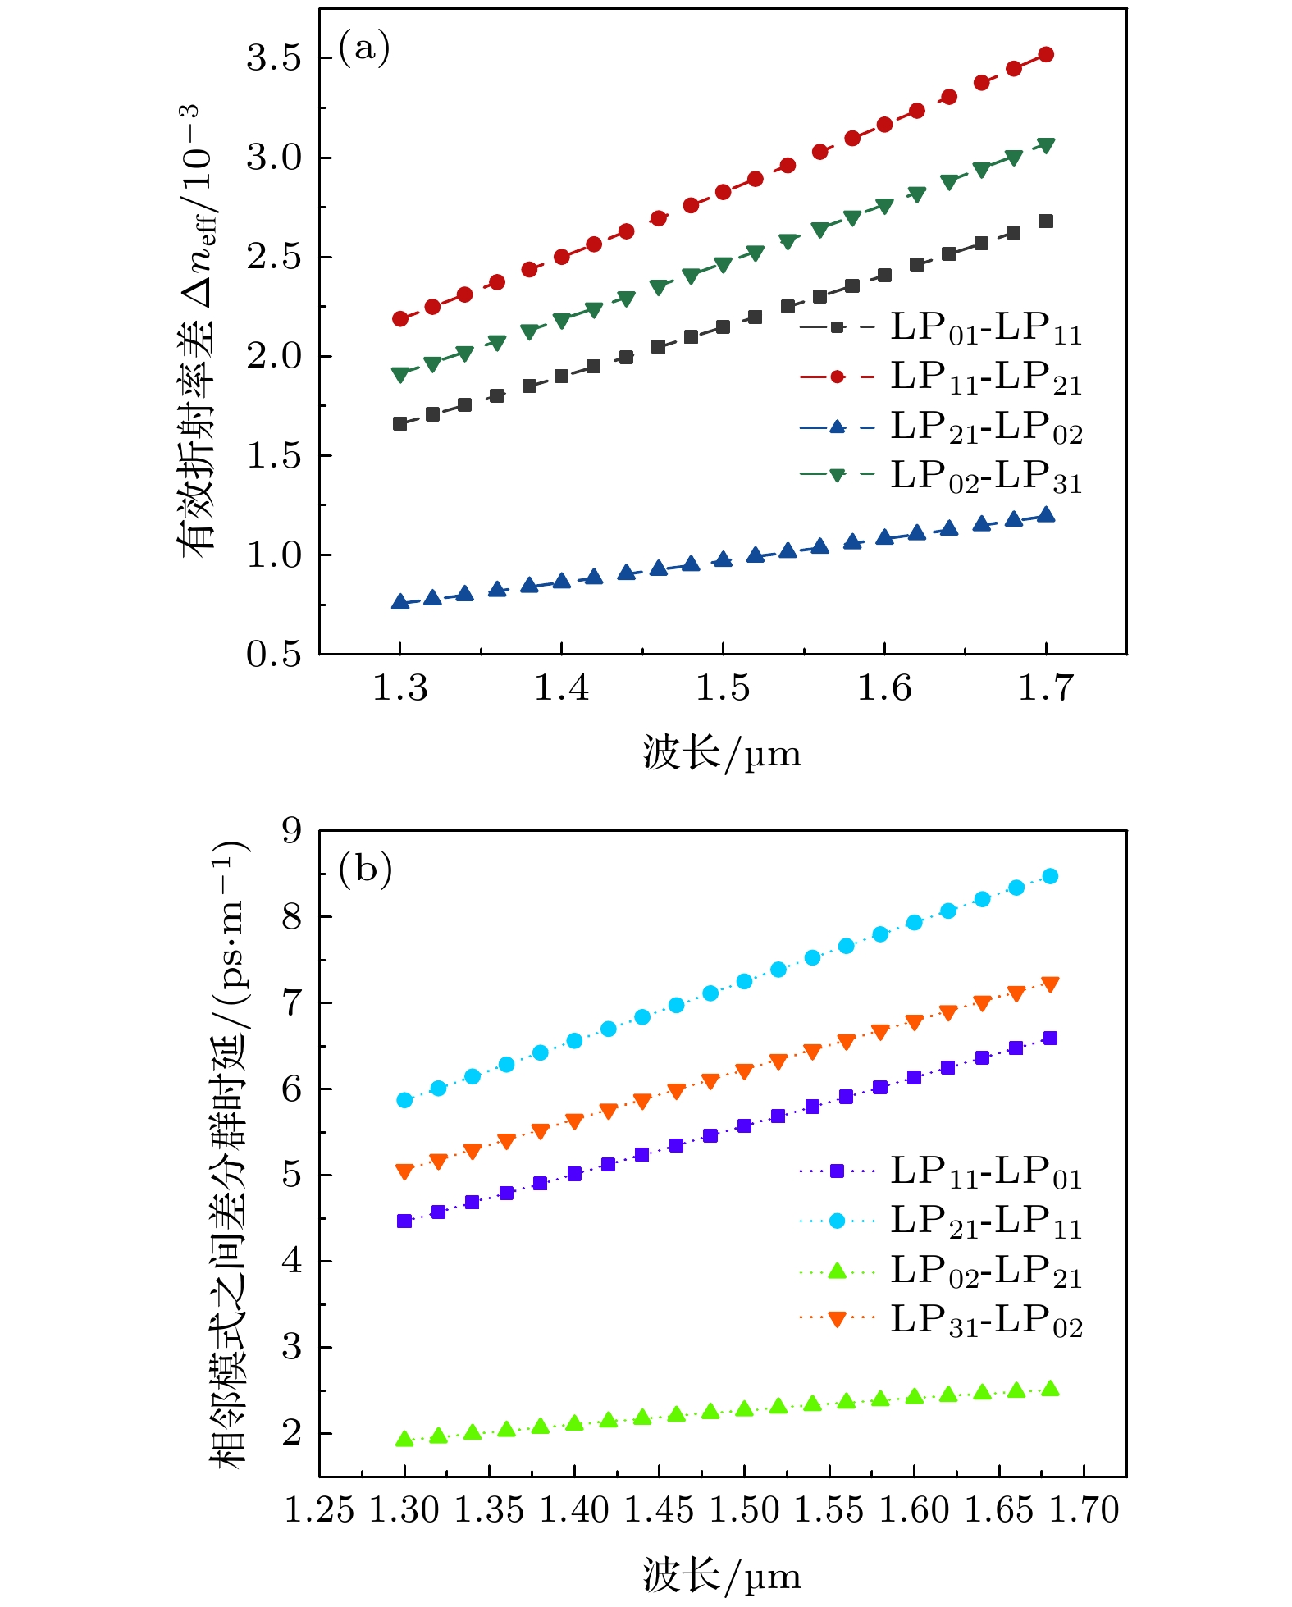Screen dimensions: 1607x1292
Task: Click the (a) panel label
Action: point(363,50)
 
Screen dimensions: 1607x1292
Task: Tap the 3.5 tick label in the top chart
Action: point(275,58)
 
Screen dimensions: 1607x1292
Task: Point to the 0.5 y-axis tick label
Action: point(275,655)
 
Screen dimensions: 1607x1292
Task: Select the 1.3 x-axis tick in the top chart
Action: point(400,687)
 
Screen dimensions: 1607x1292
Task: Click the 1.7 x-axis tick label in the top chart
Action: point(1045,687)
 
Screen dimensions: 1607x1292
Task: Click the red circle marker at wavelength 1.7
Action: point(1046,55)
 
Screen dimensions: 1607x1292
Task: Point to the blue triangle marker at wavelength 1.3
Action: point(400,602)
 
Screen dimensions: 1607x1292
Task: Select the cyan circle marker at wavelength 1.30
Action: point(404,1100)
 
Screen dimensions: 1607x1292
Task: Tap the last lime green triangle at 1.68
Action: point(1050,1389)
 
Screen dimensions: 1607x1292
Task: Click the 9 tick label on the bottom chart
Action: point(292,831)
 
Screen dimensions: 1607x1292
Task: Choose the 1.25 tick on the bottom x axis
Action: point(319,1510)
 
